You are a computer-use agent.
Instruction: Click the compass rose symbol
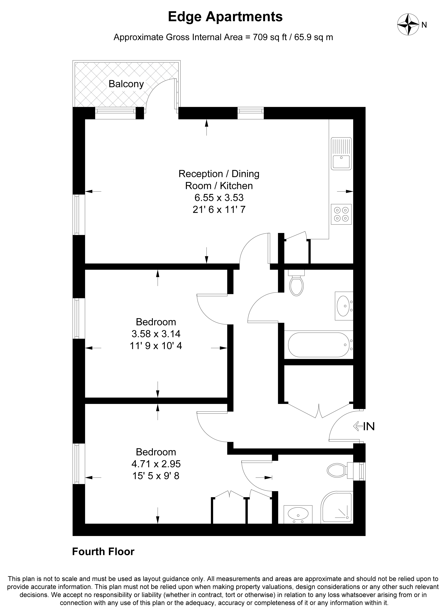click(408, 25)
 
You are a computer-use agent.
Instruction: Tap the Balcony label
click(126, 84)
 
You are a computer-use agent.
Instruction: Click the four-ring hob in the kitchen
click(341, 214)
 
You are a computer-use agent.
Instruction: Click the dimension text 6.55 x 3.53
click(219, 198)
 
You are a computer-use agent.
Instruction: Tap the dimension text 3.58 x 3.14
click(156, 334)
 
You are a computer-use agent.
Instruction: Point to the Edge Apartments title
click(225, 17)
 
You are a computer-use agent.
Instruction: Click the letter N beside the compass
click(424, 25)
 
